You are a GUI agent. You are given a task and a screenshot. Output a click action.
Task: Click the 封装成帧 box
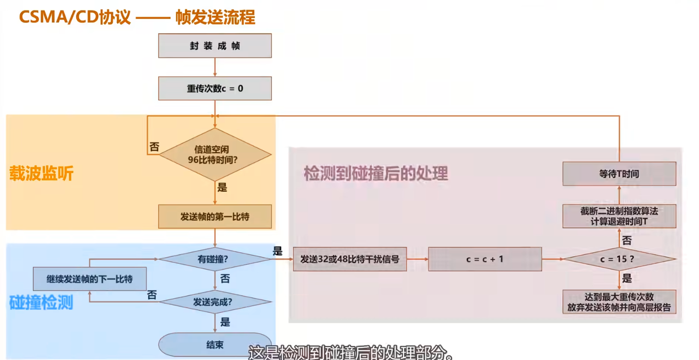tap(215, 46)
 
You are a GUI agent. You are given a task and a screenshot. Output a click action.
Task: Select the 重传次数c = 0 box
tap(215, 88)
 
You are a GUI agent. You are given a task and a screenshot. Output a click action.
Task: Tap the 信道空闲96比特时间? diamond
tap(215, 155)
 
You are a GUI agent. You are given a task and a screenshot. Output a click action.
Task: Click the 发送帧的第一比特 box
tap(215, 216)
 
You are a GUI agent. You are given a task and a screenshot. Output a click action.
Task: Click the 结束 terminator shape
tap(215, 345)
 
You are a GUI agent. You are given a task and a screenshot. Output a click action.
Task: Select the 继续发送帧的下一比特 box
tap(90, 279)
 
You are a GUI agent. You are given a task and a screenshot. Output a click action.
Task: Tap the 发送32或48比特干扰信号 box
tap(349, 259)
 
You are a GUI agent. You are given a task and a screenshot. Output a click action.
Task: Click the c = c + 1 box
tap(485, 259)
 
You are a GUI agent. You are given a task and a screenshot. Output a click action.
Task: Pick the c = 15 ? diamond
tap(619, 259)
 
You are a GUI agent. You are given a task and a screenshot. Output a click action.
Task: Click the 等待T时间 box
tap(619, 174)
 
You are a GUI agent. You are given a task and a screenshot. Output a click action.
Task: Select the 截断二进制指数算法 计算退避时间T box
tap(619, 216)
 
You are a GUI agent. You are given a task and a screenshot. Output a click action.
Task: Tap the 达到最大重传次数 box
tap(619, 302)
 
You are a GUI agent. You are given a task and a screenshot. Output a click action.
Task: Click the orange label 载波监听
tap(42, 173)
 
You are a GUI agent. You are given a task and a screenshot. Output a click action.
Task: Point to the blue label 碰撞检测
tap(42, 302)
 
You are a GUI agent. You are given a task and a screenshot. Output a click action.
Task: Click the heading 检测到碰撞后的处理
tap(376, 173)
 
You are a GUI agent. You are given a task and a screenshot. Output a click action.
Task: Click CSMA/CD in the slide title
tap(59, 17)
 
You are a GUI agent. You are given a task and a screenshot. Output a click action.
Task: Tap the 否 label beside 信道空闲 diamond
tap(154, 147)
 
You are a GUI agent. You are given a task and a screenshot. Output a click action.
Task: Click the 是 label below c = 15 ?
tap(627, 278)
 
